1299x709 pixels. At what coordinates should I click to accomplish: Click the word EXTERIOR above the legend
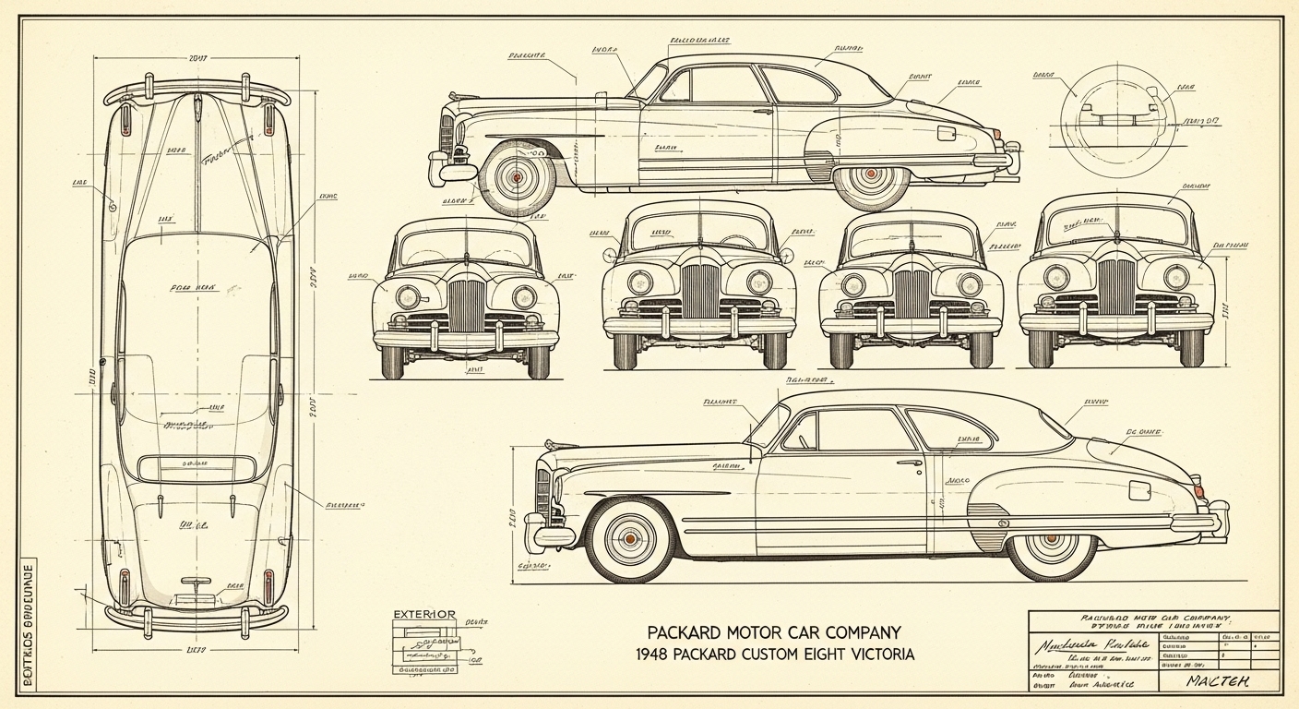424,614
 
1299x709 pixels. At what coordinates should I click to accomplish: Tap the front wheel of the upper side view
517,175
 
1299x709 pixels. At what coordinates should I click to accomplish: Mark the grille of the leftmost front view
466,305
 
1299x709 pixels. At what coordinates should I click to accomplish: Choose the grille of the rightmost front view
1116,286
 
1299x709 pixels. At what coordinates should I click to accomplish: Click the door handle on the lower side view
910,463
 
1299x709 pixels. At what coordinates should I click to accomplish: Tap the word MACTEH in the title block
1218,681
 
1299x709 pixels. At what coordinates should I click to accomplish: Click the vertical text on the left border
27,629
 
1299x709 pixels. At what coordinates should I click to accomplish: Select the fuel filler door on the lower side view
1139,489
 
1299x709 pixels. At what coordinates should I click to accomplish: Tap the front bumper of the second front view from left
698,325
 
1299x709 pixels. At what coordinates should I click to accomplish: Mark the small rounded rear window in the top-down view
196,468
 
